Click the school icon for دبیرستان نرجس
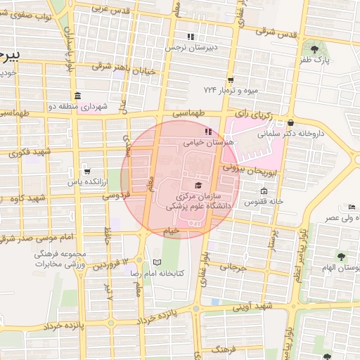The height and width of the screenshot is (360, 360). [x=190, y=37]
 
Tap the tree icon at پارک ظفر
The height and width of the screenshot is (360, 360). [x=314, y=50]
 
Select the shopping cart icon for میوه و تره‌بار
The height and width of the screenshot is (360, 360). [x=230, y=79]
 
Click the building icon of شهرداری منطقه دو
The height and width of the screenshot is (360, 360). [x=77, y=96]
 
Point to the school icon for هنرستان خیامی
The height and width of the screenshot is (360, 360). [x=207, y=131]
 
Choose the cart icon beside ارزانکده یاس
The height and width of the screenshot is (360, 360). [x=86, y=171]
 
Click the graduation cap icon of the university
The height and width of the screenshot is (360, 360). [x=198, y=184]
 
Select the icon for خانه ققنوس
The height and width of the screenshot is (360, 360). [x=264, y=191]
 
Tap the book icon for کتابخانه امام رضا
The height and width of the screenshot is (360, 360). [x=157, y=262]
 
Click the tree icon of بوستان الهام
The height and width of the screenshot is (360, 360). [x=341, y=257]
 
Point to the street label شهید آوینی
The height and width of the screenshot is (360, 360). [x=254, y=307]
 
